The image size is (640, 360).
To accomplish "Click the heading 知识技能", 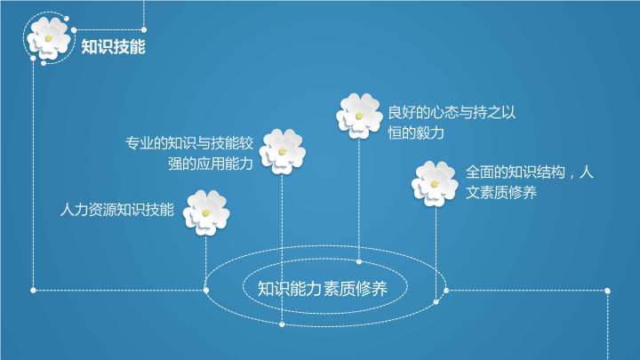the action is point(113,46).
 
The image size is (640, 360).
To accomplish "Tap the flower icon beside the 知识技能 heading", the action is point(49,38).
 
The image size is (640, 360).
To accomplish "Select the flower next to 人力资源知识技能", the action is point(206,212).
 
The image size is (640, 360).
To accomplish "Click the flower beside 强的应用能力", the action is point(282,151).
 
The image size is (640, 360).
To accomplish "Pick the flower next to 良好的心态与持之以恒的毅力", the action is point(359,116).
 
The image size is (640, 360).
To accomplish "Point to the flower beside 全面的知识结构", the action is point(435,184).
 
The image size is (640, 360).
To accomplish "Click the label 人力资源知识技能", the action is point(117,210).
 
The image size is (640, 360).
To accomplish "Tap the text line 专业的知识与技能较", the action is point(189,143).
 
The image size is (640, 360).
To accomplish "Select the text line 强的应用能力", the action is point(211,164).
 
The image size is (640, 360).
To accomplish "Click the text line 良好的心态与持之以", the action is point(452,112).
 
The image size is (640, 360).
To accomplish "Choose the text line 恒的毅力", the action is point(416,133).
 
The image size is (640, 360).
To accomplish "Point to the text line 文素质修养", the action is point(500,193).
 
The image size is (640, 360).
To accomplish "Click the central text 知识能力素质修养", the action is point(323,289).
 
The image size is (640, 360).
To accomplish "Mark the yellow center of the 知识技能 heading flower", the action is point(48,38).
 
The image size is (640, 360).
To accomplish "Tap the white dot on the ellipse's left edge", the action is point(205,290).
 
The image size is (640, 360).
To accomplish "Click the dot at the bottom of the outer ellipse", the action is point(282,324).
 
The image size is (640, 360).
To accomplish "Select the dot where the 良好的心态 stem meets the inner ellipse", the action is point(359,261).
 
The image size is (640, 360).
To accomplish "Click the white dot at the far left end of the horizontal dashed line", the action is point(33,290).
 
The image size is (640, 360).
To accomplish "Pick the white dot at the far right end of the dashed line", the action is point(607,291).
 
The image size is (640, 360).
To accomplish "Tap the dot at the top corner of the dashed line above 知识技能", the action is point(144,30).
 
